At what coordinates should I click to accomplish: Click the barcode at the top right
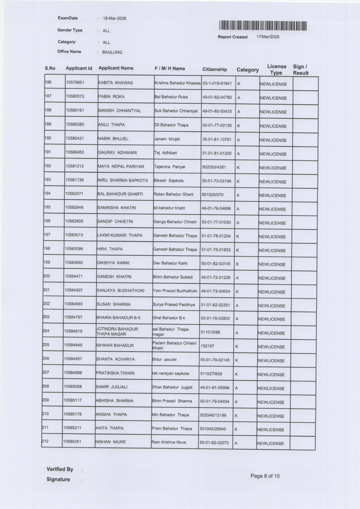[x=263, y=26]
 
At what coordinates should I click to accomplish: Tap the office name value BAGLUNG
[x=112, y=52]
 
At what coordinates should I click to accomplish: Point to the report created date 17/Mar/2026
[x=268, y=37]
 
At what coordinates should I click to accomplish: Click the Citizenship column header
[x=214, y=69]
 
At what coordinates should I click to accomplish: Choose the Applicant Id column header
[x=79, y=68]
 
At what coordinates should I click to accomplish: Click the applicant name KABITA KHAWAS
[x=116, y=83]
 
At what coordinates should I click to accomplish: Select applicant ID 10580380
[x=75, y=124]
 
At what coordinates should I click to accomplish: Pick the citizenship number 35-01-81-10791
[x=217, y=139]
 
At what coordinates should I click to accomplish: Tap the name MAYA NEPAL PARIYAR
[x=121, y=167]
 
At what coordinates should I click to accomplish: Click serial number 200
[x=46, y=276]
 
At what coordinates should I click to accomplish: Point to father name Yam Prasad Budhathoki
[x=175, y=291]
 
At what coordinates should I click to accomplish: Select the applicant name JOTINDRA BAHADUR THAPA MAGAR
[x=117, y=332]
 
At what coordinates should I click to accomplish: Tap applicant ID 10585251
[x=72, y=442]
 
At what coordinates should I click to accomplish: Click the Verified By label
[x=60, y=469]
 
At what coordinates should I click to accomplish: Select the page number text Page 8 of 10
[x=265, y=476]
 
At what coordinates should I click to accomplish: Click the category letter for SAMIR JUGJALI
[x=236, y=388]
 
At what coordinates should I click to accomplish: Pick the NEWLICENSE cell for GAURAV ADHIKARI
[x=273, y=154]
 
